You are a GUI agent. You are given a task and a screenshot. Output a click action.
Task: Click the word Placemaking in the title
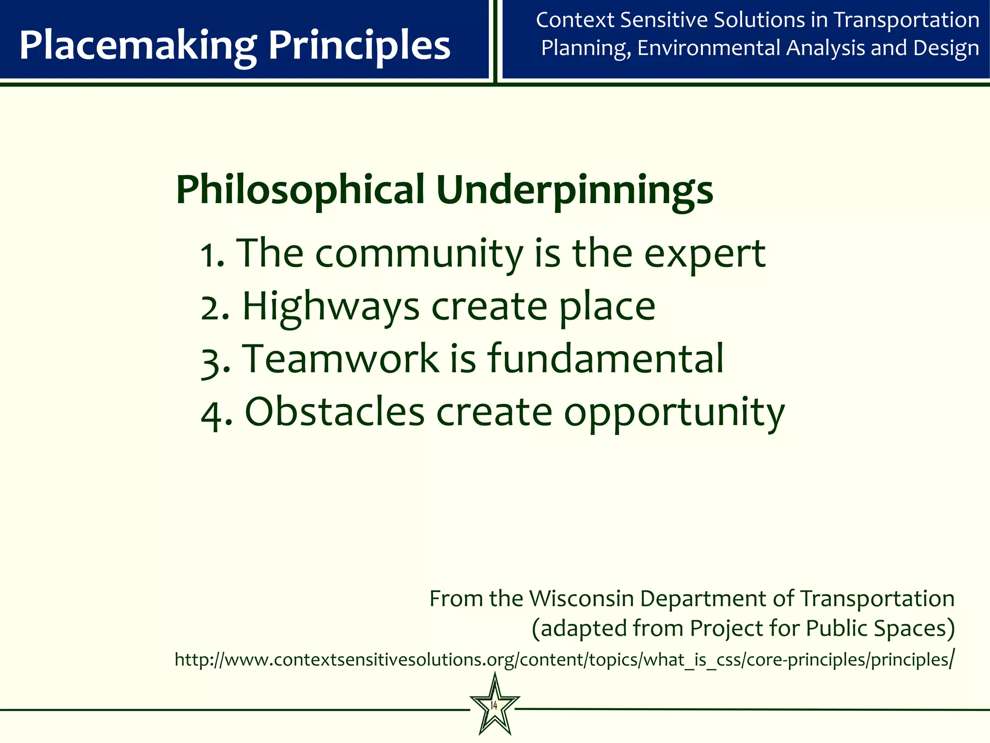138,46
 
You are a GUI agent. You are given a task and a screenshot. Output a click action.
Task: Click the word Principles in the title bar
359,46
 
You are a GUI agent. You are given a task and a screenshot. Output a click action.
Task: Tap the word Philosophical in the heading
300,190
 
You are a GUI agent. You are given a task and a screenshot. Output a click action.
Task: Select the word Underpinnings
574,190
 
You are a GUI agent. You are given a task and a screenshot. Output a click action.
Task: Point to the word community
419,254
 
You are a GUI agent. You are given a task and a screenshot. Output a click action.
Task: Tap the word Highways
331,308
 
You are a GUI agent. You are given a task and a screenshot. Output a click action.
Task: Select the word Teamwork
340,359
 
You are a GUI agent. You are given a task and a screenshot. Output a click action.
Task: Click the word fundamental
605,359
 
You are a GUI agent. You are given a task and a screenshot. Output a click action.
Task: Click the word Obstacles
335,412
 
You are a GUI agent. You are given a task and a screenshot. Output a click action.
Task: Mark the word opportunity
674,414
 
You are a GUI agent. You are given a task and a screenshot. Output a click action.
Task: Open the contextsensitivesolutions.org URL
564,660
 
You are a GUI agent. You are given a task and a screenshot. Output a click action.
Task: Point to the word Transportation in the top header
906,20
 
